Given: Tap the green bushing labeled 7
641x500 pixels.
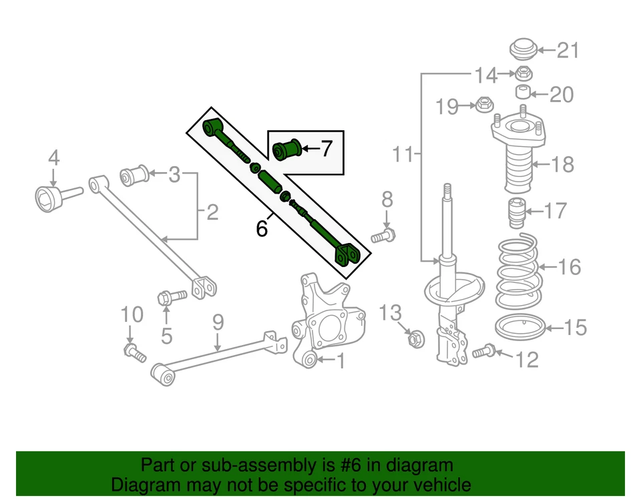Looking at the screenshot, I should point(288,148).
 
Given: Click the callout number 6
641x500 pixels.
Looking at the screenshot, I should point(262,229).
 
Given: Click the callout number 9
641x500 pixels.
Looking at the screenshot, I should point(218,323).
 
